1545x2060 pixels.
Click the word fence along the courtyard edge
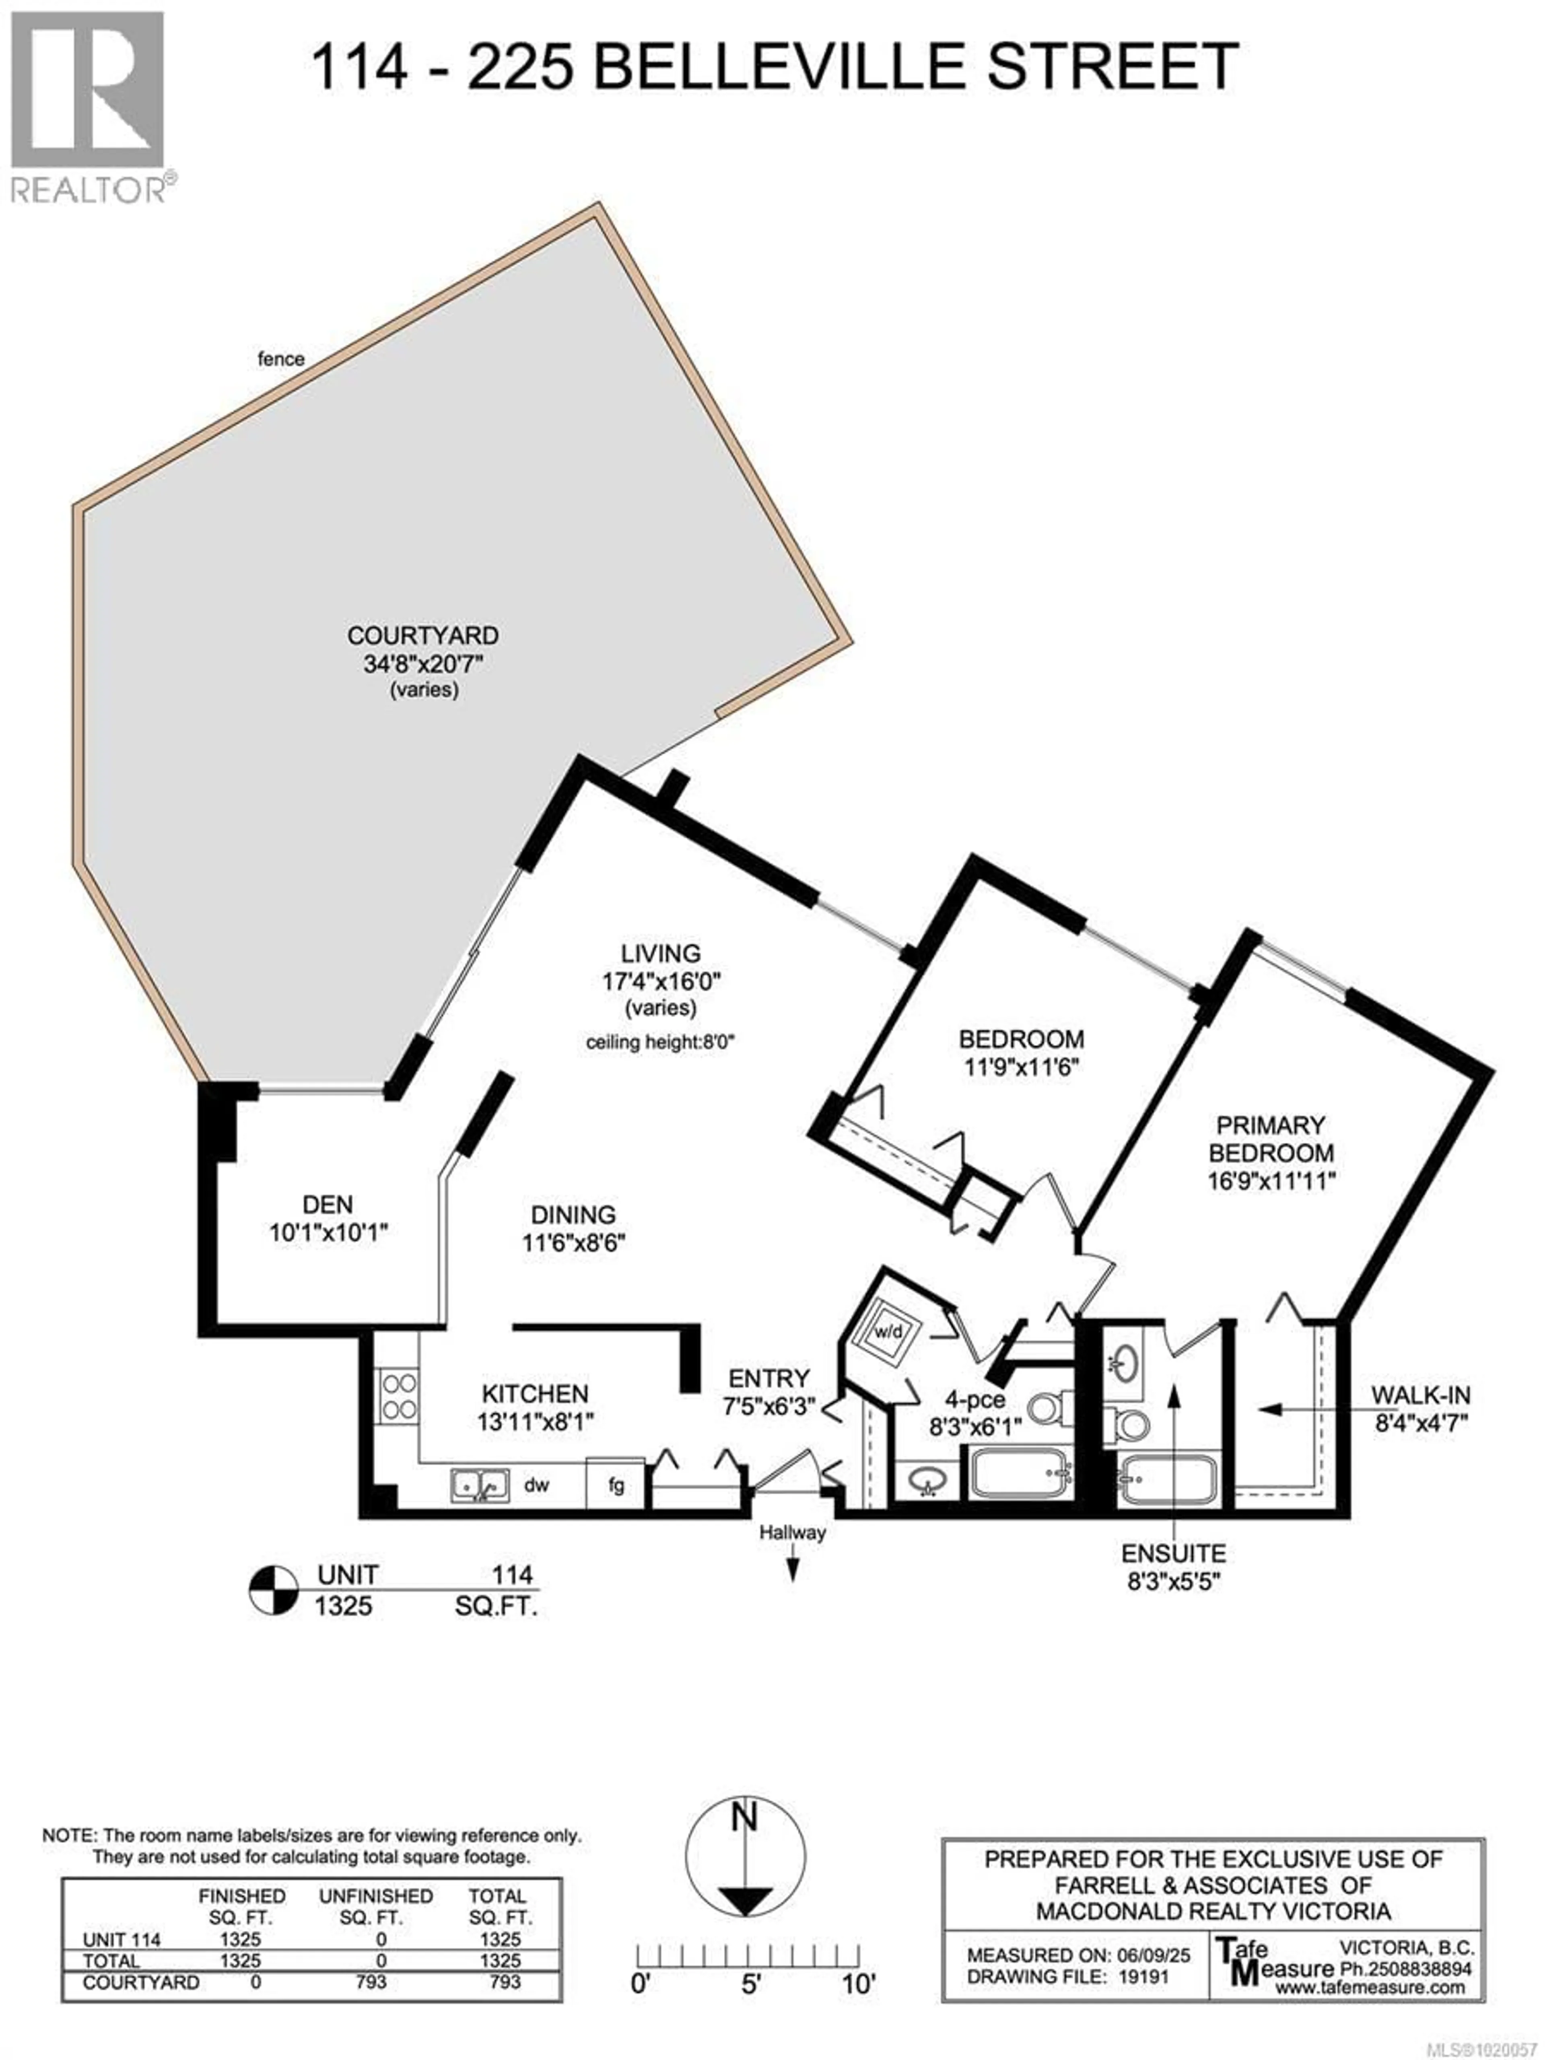[280, 358]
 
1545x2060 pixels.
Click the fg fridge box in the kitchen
[616, 1485]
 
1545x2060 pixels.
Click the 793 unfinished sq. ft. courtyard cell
[371, 1982]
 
